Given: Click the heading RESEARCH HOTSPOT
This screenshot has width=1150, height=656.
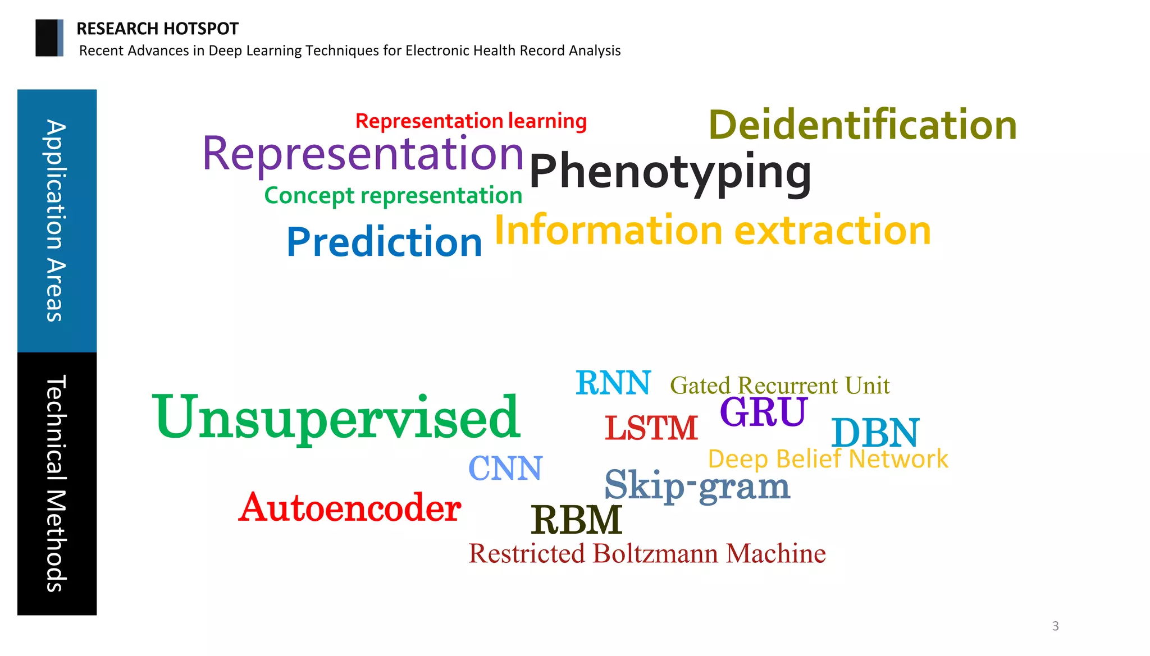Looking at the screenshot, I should (157, 29).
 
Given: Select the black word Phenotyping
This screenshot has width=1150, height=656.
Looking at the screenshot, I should (670, 171).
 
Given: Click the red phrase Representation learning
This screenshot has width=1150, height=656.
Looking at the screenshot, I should (471, 121).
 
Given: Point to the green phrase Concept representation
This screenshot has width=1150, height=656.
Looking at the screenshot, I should (393, 195).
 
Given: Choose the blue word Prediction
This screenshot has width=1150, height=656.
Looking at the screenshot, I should (384, 242).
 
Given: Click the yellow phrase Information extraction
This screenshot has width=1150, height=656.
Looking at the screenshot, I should (712, 230).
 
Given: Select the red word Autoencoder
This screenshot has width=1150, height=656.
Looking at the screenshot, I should (349, 508).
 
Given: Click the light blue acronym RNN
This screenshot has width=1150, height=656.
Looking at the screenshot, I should (613, 383).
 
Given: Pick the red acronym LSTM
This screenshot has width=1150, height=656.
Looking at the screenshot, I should (651, 428).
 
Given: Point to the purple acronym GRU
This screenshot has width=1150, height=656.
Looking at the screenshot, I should (763, 411).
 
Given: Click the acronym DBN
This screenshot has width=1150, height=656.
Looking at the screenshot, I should (875, 433).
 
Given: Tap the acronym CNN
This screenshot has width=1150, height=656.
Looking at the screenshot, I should (505, 469).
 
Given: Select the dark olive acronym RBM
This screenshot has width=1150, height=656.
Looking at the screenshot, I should (576, 520).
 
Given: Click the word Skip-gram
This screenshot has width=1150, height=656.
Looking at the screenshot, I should (697, 485).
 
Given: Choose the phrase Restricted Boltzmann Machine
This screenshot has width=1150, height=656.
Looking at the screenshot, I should (647, 554).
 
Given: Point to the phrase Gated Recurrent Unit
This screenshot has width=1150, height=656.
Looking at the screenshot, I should (779, 386).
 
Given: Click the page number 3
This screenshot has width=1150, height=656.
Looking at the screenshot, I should (1055, 626).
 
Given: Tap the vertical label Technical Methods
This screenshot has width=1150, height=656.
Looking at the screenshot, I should (57, 483).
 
